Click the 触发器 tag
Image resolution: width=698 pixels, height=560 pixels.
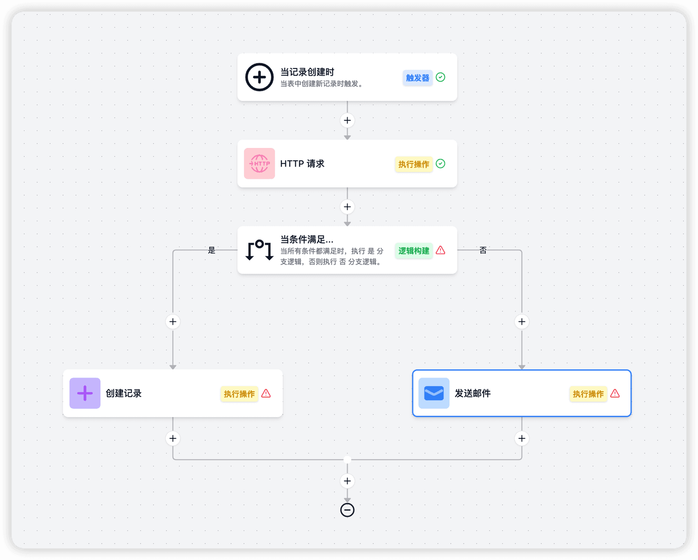coord(418,78)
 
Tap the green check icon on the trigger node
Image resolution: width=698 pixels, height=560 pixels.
coord(440,77)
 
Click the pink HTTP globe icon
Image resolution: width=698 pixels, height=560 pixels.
coord(259,163)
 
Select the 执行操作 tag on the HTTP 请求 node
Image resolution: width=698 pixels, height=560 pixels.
coord(414,164)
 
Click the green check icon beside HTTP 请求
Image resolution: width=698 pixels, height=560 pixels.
coord(440,163)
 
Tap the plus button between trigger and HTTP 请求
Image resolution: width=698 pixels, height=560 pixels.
coord(347,120)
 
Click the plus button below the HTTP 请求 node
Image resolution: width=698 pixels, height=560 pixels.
coord(347,206)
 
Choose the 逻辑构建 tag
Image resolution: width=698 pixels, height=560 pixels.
coord(414,251)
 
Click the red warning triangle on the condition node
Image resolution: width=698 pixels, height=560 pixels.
coord(440,250)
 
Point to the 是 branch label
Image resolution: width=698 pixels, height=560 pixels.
coord(211,250)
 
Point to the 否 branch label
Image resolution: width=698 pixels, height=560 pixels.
coord(483,250)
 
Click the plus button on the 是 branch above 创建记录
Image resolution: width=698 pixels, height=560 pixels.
coord(173,322)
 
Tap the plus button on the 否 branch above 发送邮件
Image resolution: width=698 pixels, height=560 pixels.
coord(522,322)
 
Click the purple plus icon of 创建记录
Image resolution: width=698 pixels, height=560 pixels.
coord(85,393)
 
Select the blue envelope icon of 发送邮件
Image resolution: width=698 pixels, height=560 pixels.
coord(434,393)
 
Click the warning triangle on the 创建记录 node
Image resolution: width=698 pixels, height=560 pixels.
coord(266,393)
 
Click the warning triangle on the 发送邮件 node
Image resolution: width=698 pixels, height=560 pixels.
coord(615,393)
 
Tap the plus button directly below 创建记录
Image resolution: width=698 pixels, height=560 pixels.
coord(173,438)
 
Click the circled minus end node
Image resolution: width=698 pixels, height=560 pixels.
coord(347,510)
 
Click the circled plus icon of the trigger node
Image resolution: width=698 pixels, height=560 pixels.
coord(259,77)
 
